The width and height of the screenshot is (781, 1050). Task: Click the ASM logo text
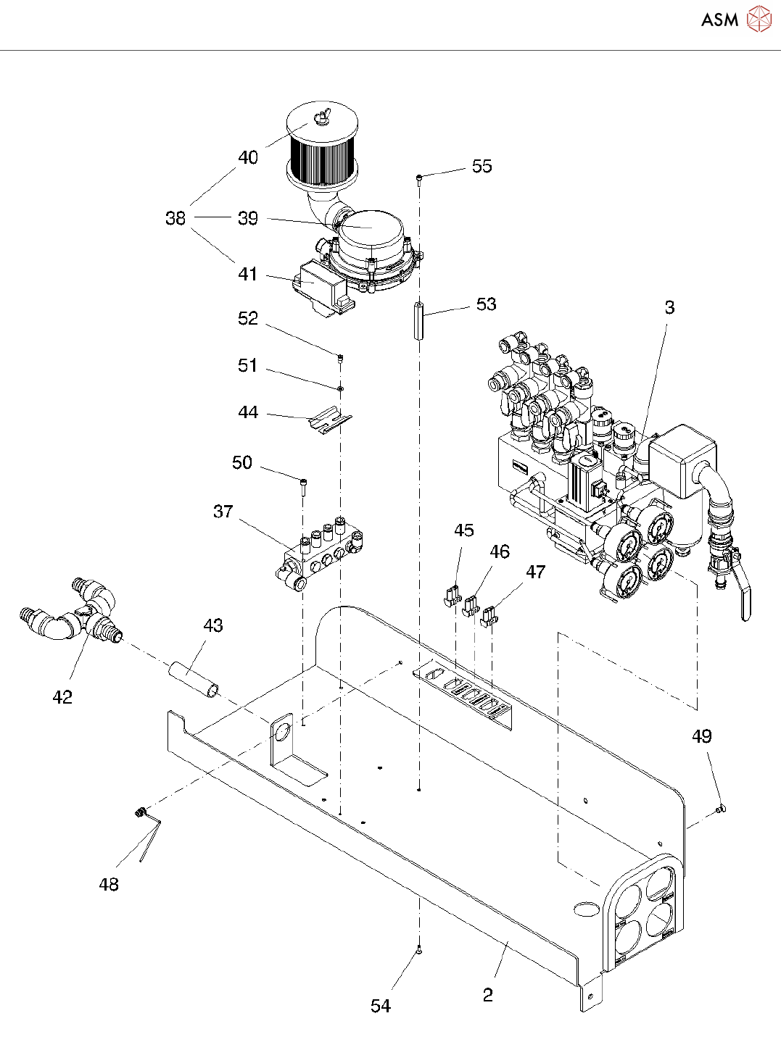720,20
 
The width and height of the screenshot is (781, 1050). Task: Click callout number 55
482,166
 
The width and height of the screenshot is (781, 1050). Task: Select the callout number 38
175,218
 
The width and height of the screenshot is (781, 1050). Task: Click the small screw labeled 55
419,179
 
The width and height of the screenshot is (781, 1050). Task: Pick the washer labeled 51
340,388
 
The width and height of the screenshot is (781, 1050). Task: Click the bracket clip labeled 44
331,418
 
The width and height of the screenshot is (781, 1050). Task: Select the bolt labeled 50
303,486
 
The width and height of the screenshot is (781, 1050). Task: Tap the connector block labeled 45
452,596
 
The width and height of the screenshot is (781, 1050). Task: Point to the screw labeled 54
419,950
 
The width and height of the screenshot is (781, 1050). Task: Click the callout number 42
62,697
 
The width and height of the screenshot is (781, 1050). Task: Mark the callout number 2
487,995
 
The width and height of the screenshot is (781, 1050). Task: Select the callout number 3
669,308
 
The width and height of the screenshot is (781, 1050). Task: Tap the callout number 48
109,884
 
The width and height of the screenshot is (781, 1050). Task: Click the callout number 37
223,512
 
